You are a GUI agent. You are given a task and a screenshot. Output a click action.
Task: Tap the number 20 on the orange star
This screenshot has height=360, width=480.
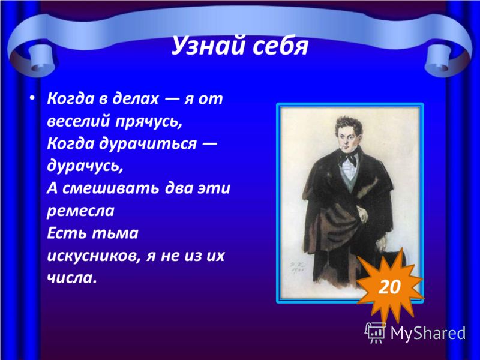pos(389,287)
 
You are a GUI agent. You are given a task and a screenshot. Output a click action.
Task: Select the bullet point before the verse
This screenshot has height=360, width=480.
pos(32,98)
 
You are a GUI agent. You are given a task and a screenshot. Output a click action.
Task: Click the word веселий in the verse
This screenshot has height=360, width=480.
pos(79,121)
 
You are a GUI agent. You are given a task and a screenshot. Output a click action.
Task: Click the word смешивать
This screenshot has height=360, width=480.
pos(111,188)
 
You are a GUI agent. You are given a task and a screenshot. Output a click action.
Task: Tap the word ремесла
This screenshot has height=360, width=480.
pos(80,211)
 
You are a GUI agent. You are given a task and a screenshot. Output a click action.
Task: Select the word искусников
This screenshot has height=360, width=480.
pos(94,256)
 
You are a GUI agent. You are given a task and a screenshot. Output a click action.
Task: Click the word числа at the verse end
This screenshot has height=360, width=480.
pos(70,278)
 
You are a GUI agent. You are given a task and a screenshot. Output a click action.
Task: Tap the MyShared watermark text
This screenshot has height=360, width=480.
pos(428,333)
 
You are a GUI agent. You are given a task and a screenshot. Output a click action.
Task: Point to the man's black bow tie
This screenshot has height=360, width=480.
pos(348,158)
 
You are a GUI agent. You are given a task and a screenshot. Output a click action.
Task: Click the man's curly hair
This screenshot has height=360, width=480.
pos(349,125)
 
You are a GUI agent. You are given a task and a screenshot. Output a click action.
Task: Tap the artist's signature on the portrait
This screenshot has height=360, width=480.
pos(295,267)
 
